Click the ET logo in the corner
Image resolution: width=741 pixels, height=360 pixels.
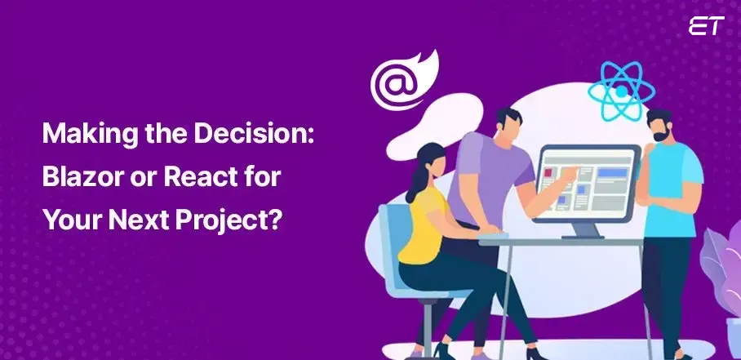pyautogui.click(x=706, y=26)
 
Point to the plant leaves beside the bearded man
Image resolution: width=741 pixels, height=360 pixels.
pyautogui.click(x=722, y=269)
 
